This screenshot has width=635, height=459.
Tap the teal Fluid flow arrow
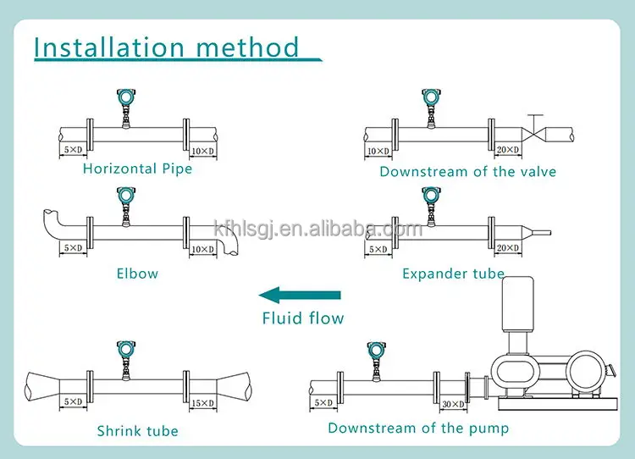tap(300, 295)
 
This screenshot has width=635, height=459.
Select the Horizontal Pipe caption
tap(137, 169)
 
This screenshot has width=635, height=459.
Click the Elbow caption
tap(137, 274)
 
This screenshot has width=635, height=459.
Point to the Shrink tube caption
tap(137, 431)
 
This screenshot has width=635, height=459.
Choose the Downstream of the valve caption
tap(467, 171)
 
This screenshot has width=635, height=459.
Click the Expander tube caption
tap(453, 274)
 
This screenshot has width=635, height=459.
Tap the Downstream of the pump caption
tap(418, 428)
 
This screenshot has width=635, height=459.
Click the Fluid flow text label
tap(302, 318)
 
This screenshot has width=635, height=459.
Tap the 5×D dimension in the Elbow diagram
tap(74, 248)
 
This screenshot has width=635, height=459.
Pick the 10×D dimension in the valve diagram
tap(378, 151)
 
